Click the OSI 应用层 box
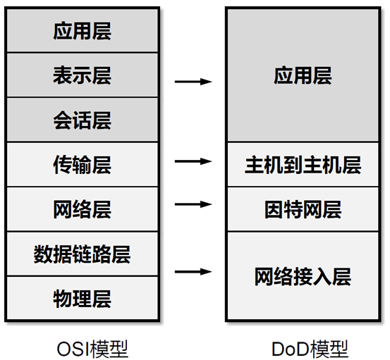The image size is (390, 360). tap(82, 32)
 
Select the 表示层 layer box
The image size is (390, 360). tap(82, 76)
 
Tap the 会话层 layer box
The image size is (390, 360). tap(82, 120)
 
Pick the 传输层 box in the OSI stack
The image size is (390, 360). tap(82, 165)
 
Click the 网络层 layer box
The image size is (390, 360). tap(82, 209)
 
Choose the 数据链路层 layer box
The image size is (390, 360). tap(82, 254)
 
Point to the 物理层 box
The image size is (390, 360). tap(82, 298)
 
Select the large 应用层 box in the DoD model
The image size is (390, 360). tap(303, 76)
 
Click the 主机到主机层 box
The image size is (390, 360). tap(303, 165)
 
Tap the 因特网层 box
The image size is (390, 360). tap(303, 209)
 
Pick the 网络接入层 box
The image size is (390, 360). tap(303, 275)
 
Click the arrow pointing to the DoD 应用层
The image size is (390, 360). tap(193, 82)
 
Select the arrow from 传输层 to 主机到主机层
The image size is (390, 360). tap(193, 161)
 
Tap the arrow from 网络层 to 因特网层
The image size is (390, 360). tap(193, 205)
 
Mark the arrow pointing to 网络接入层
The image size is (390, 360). tap(193, 271)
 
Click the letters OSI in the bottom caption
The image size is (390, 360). tap(71, 348)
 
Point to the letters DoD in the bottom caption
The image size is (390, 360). tap(292, 348)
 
